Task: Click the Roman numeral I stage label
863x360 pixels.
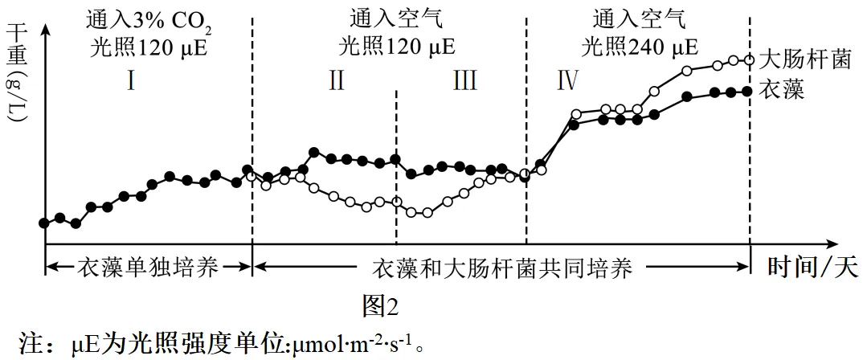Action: click(x=130, y=82)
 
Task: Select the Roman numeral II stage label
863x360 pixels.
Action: click(x=337, y=82)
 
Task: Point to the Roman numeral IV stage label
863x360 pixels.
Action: click(x=566, y=82)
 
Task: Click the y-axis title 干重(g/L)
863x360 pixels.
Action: click(x=18, y=72)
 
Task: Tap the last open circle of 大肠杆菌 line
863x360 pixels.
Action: click(x=749, y=59)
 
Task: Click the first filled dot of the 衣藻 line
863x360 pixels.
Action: click(x=44, y=223)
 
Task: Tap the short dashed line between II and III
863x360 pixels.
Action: click(x=397, y=161)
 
